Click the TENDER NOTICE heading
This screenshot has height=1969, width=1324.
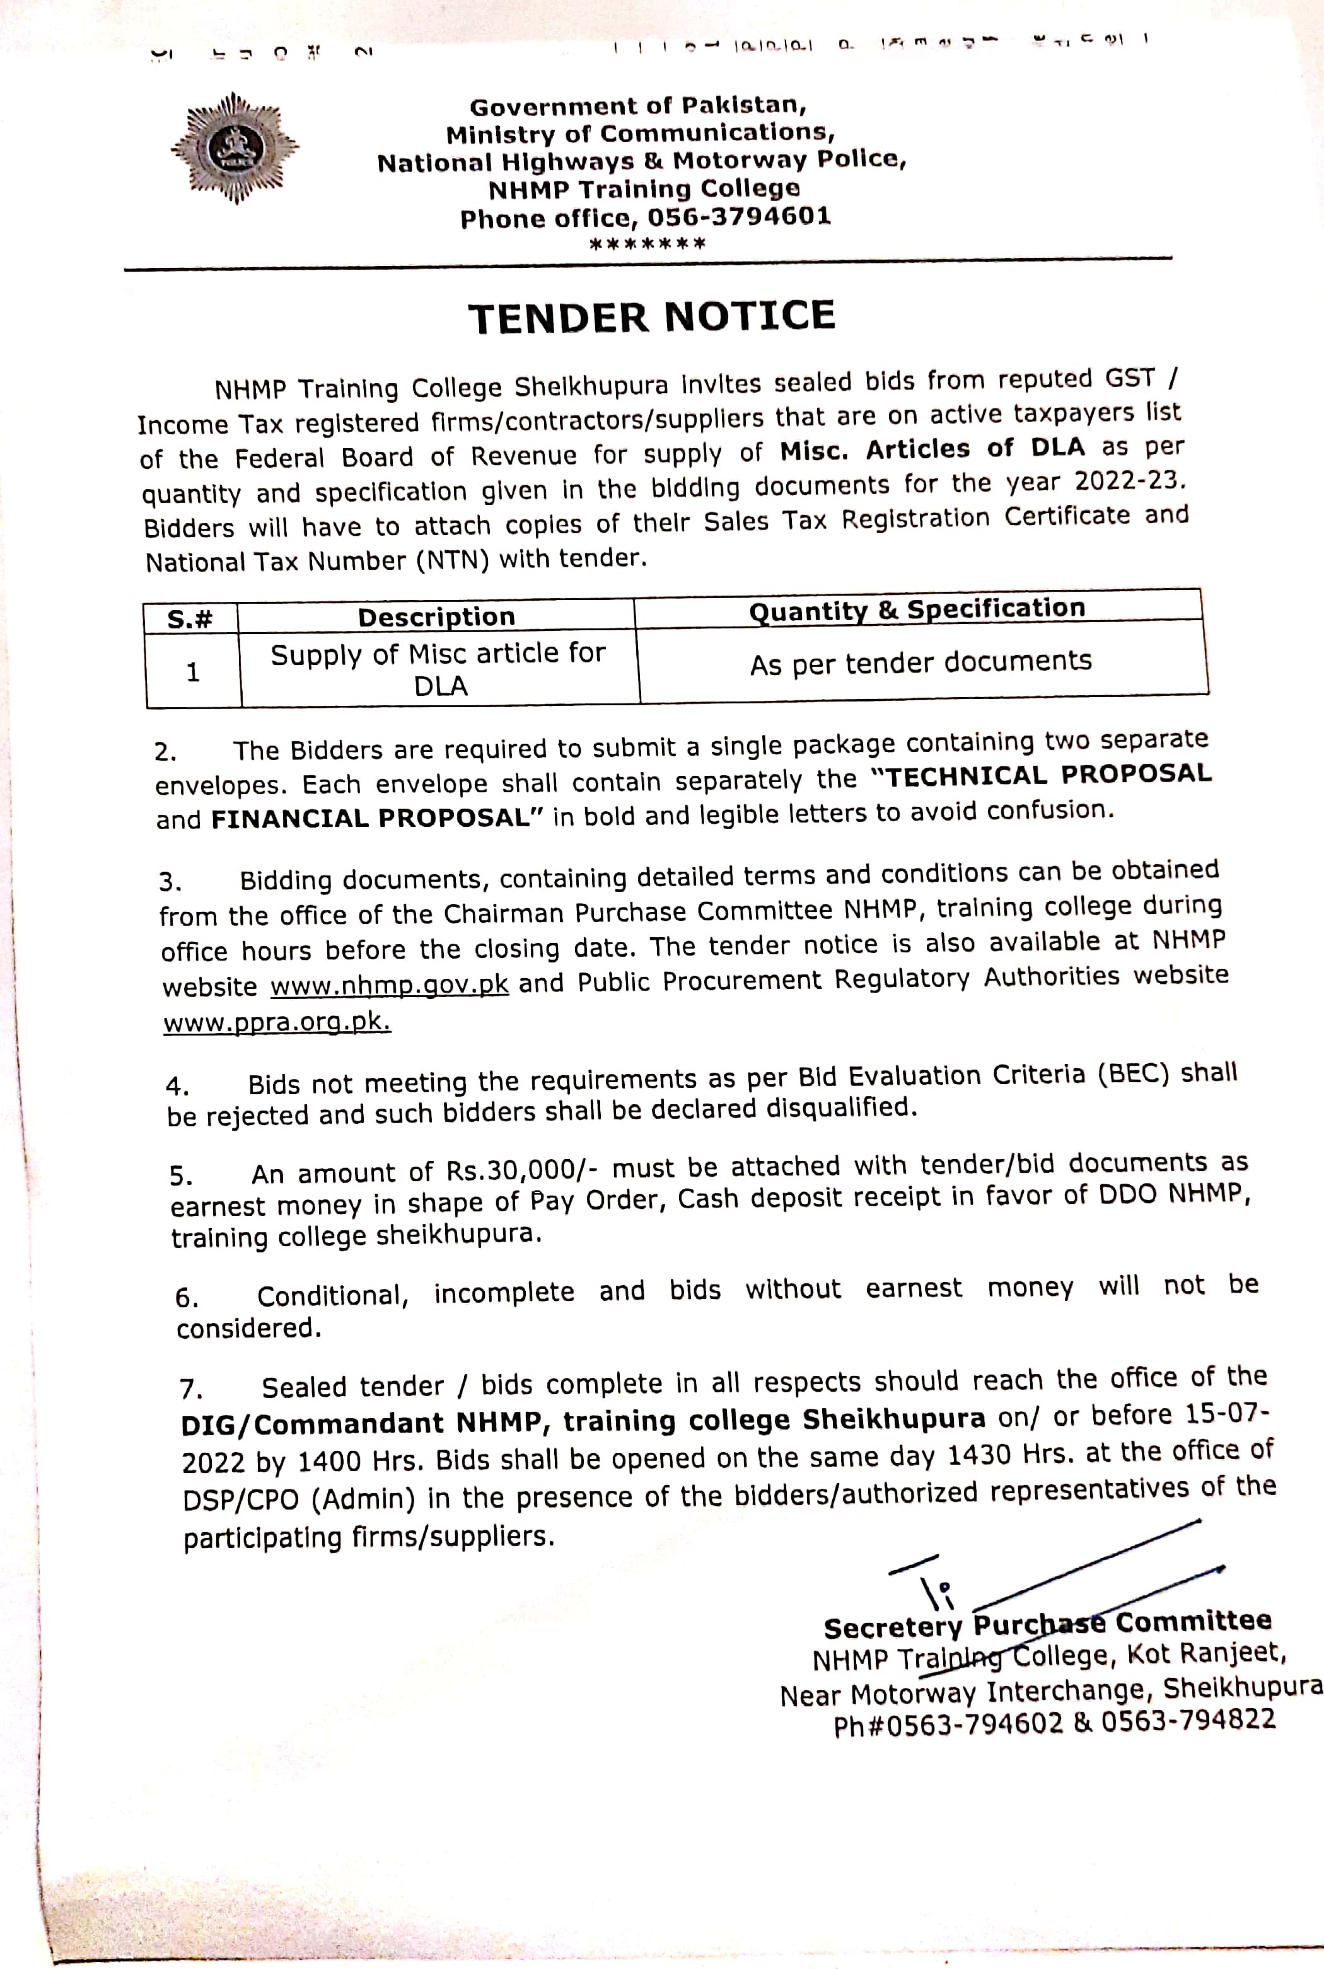pyautogui.click(x=652, y=316)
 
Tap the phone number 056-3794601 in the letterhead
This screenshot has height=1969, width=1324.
pyautogui.click(x=739, y=217)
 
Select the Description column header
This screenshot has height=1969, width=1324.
pyautogui.click(x=436, y=617)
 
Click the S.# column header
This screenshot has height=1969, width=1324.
pyautogui.click(x=190, y=620)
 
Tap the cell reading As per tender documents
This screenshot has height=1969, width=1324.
pyautogui.click(x=920, y=662)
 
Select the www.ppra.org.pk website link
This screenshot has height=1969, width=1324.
pyautogui.click(x=277, y=1023)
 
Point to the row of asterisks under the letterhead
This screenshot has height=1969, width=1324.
pyautogui.click(x=647, y=245)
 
